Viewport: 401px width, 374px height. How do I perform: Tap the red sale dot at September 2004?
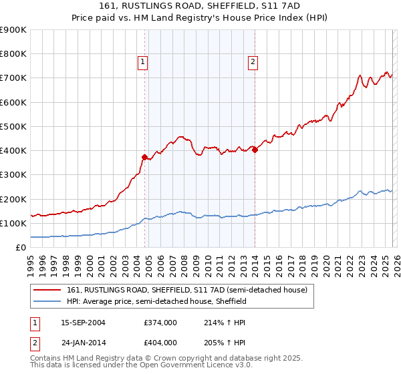tap(144, 157)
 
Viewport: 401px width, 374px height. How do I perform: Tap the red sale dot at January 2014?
tap(255, 150)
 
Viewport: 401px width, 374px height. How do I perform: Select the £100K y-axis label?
tap(13, 224)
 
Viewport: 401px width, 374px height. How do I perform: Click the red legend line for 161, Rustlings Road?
tap(47, 290)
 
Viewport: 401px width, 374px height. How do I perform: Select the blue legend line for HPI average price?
tap(47, 302)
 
